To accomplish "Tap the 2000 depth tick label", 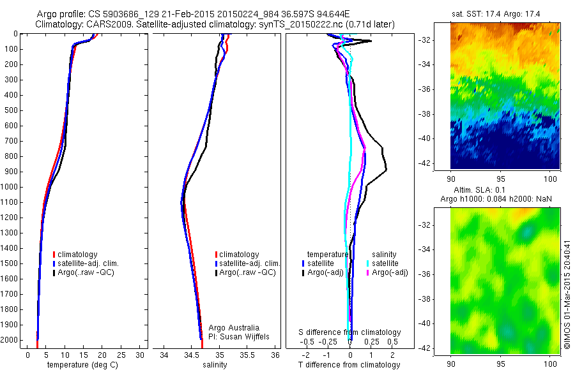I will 12,340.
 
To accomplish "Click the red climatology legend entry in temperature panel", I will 79,255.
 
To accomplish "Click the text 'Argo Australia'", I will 234,327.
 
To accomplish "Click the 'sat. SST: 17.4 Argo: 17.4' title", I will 505,14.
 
